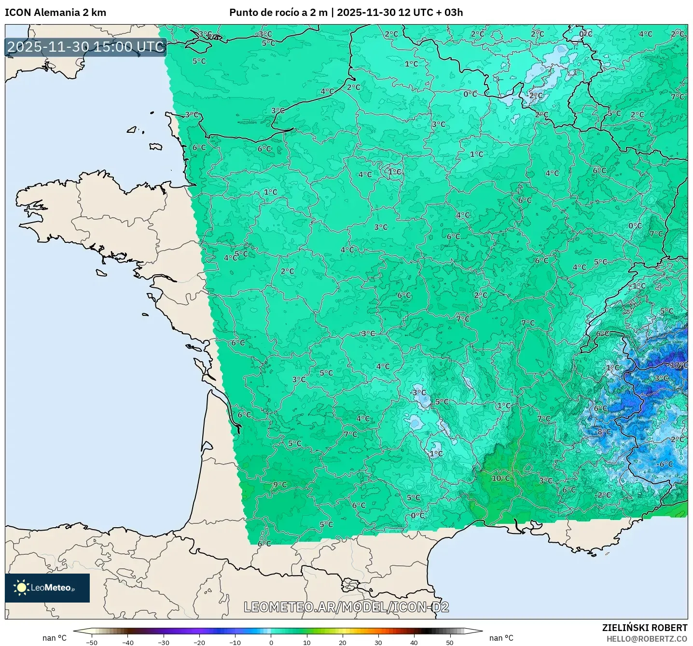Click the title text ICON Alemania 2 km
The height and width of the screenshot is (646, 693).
[x=55, y=13]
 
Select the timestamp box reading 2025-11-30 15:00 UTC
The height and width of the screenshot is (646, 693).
[x=86, y=47]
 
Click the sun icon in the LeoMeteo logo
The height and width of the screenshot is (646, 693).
[x=21, y=588]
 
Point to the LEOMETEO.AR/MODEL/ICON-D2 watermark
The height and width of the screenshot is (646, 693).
[x=346, y=607]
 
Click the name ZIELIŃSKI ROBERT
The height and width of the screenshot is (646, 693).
[x=644, y=628]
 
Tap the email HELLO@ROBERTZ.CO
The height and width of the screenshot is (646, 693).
[x=647, y=639]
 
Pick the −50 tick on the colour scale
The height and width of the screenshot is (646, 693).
[x=92, y=642]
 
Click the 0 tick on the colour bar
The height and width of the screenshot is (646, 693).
[x=271, y=642]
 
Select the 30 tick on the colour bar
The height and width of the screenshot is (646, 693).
[x=378, y=642]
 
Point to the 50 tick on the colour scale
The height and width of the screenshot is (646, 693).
[x=449, y=642]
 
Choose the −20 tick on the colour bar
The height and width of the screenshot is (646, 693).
[x=199, y=642]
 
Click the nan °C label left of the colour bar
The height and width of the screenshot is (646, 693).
[x=55, y=638]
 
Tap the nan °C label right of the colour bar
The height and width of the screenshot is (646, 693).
[x=501, y=638]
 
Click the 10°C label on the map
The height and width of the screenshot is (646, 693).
[x=500, y=478]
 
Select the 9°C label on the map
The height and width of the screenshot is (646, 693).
[x=280, y=484]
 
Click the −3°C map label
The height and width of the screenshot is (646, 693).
[x=418, y=393]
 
